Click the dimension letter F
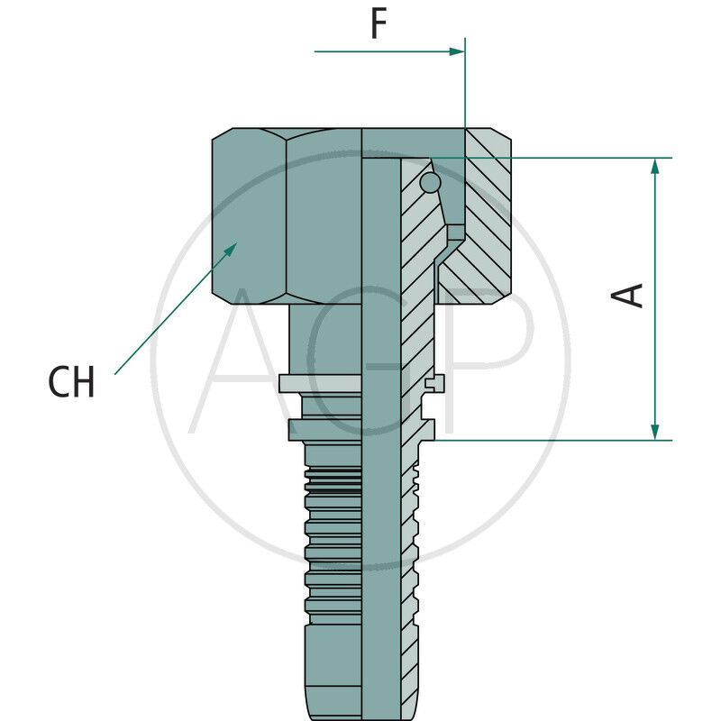tap(379, 25)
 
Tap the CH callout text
tap(71, 383)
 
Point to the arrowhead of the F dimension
tap(457, 51)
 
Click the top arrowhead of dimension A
tap(655, 167)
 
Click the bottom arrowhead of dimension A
tap(655, 432)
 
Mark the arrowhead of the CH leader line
tap(232, 248)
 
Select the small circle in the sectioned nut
tap(431, 183)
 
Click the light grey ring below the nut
tap(320, 383)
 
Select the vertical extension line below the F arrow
tap(464, 99)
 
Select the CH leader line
tap(171, 311)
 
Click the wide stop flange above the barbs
tap(324, 430)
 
